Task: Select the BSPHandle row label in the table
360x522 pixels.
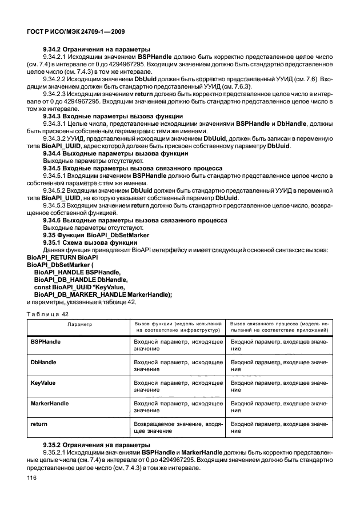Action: point(46,341)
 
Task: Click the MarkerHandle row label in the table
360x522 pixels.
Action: point(49,404)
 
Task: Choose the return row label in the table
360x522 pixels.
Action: point(39,425)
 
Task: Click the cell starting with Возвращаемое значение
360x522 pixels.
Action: point(178,429)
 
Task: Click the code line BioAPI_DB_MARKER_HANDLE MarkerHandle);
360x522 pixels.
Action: point(103,294)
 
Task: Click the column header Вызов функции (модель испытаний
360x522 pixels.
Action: point(178,326)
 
